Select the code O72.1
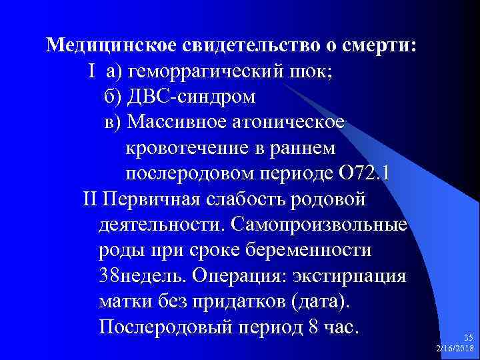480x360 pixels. (x=366, y=173)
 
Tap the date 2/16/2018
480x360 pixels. (x=455, y=349)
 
